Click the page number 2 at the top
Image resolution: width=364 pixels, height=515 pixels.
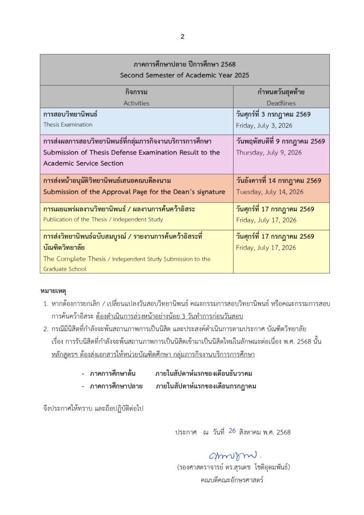point(182,37)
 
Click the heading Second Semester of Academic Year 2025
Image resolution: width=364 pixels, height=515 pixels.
point(184,75)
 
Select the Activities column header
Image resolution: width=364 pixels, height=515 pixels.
point(136,103)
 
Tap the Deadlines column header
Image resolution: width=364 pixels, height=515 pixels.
point(281,103)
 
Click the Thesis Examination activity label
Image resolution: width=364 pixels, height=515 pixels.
point(68,125)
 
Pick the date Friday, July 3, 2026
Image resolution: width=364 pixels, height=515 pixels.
point(264,126)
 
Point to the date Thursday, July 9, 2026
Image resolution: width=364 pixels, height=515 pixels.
point(269,153)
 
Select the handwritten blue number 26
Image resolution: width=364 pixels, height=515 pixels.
point(232,431)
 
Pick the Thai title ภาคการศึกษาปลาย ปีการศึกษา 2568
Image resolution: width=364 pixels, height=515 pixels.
point(184,65)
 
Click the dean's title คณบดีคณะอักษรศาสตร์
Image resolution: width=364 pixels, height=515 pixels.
point(232,479)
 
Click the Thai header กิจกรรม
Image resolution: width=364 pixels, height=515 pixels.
point(136,93)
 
